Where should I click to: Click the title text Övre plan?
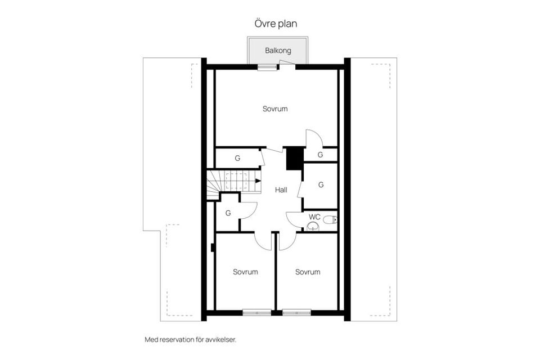[x=275, y=24]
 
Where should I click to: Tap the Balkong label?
[x=278, y=51]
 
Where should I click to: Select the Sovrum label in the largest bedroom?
[x=275, y=109]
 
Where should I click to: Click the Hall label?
[x=281, y=190]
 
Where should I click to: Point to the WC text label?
[x=315, y=217]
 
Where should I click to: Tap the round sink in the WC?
[x=313, y=227]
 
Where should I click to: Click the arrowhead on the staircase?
[x=258, y=181]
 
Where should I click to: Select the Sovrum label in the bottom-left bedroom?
[x=245, y=272]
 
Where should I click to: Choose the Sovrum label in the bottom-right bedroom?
[x=308, y=272]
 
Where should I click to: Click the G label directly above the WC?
[x=321, y=184]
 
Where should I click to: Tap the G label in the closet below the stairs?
[x=228, y=213]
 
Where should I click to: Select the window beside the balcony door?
[x=268, y=67]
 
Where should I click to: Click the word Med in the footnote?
[x=150, y=340]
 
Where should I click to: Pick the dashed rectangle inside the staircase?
[x=236, y=181]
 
